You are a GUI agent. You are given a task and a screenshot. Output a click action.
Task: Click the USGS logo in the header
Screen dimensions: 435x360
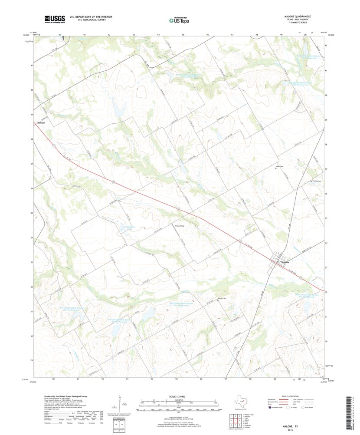click(54, 19)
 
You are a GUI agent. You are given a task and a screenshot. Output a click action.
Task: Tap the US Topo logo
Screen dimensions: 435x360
click(179, 20)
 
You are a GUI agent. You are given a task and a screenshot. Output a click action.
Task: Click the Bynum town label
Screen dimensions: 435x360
click(41, 123)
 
